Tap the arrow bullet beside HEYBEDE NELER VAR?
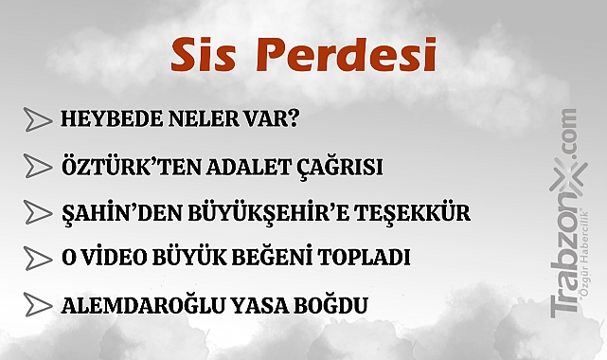[38, 120]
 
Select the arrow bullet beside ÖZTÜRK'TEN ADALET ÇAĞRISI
[38, 166]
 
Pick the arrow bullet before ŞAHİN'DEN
[38, 210]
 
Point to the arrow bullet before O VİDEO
[38, 258]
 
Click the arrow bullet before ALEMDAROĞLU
[38, 305]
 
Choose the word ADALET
[224, 167]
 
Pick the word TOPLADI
[366, 258]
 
